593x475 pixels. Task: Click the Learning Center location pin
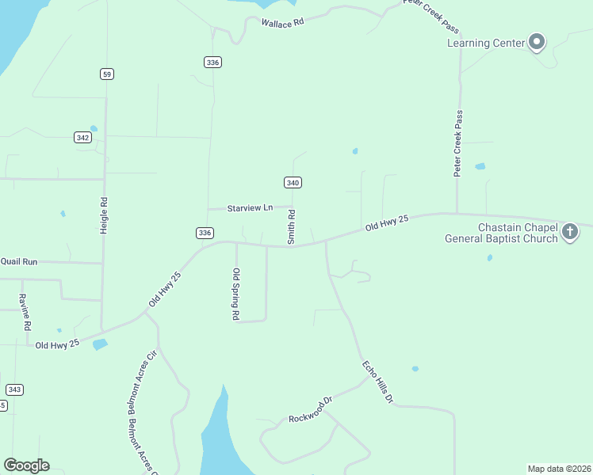(x=537, y=41)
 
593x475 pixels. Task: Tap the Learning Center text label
(x=486, y=43)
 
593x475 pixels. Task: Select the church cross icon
(x=569, y=232)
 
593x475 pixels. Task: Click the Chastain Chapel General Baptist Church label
(x=501, y=233)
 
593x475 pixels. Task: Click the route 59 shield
(x=107, y=74)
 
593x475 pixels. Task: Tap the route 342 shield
(x=82, y=137)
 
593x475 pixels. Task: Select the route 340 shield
(x=293, y=183)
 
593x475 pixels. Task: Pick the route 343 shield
(x=14, y=389)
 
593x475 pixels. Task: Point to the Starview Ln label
(x=250, y=207)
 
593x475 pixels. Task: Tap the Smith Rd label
(x=292, y=226)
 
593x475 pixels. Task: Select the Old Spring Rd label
(x=236, y=294)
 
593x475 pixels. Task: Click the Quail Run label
(x=19, y=260)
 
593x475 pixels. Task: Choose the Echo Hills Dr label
(x=377, y=382)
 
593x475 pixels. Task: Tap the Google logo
(x=26, y=465)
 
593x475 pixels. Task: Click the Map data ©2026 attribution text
(x=559, y=469)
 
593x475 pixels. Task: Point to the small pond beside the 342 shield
(x=94, y=128)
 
